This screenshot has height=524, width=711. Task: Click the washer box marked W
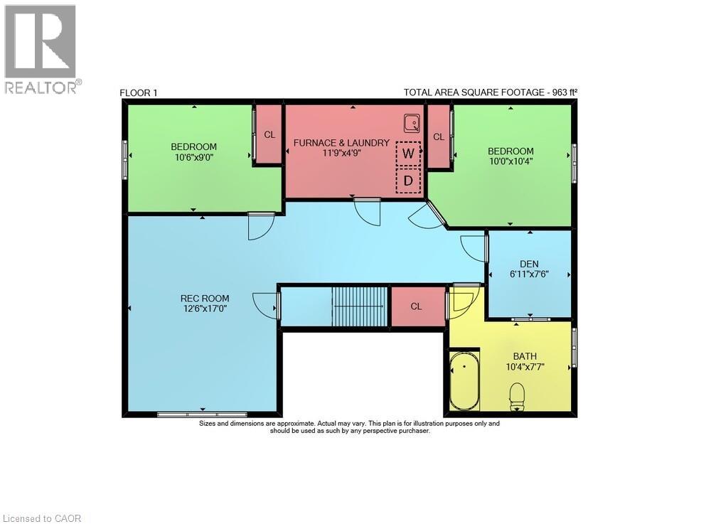point(408,153)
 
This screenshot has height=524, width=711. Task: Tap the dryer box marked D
point(408,181)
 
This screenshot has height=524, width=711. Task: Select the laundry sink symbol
point(411,124)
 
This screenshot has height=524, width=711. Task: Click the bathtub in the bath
point(464,383)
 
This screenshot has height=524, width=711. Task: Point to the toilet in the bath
point(517,395)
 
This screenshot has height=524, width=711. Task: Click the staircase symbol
point(360,306)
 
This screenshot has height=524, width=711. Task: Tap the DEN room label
point(529,262)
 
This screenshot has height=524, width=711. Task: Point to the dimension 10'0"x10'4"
point(510,161)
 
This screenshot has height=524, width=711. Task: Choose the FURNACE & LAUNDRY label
point(341,142)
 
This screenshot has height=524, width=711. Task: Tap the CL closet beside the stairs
point(417,306)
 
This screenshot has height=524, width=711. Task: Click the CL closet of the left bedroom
point(269,134)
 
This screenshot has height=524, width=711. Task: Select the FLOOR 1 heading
point(138,92)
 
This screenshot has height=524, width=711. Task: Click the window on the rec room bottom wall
point(202,414)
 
